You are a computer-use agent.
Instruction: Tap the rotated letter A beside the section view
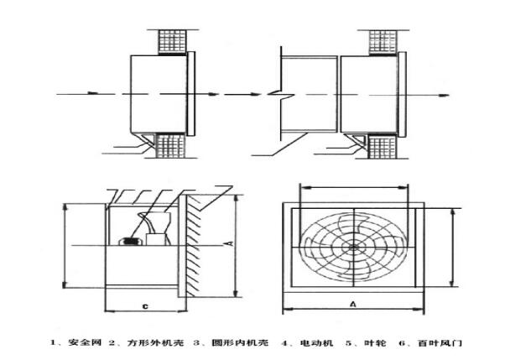click(227, 243)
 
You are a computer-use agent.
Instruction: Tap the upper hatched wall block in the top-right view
click(384, 39)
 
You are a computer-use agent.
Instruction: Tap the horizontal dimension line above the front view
click(353, 187)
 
